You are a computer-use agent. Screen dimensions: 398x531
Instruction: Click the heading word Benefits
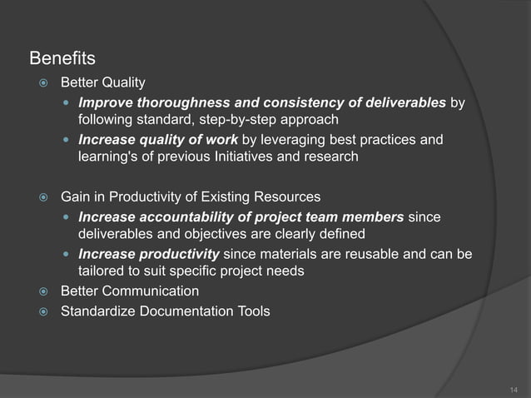click(x=62, y=59)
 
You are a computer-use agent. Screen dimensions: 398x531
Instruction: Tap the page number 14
click(x=513, y=389)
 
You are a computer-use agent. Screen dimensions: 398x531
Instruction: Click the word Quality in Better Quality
click(x=123, y=82)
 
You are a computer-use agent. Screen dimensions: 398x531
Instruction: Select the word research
click(x=331, y=156)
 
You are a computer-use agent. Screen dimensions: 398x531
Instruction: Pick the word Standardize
click(x=99, y=312)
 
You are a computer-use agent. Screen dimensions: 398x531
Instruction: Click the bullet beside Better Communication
click(x=43, y=292)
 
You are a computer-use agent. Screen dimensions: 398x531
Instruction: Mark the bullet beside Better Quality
click(x=43, y=83)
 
